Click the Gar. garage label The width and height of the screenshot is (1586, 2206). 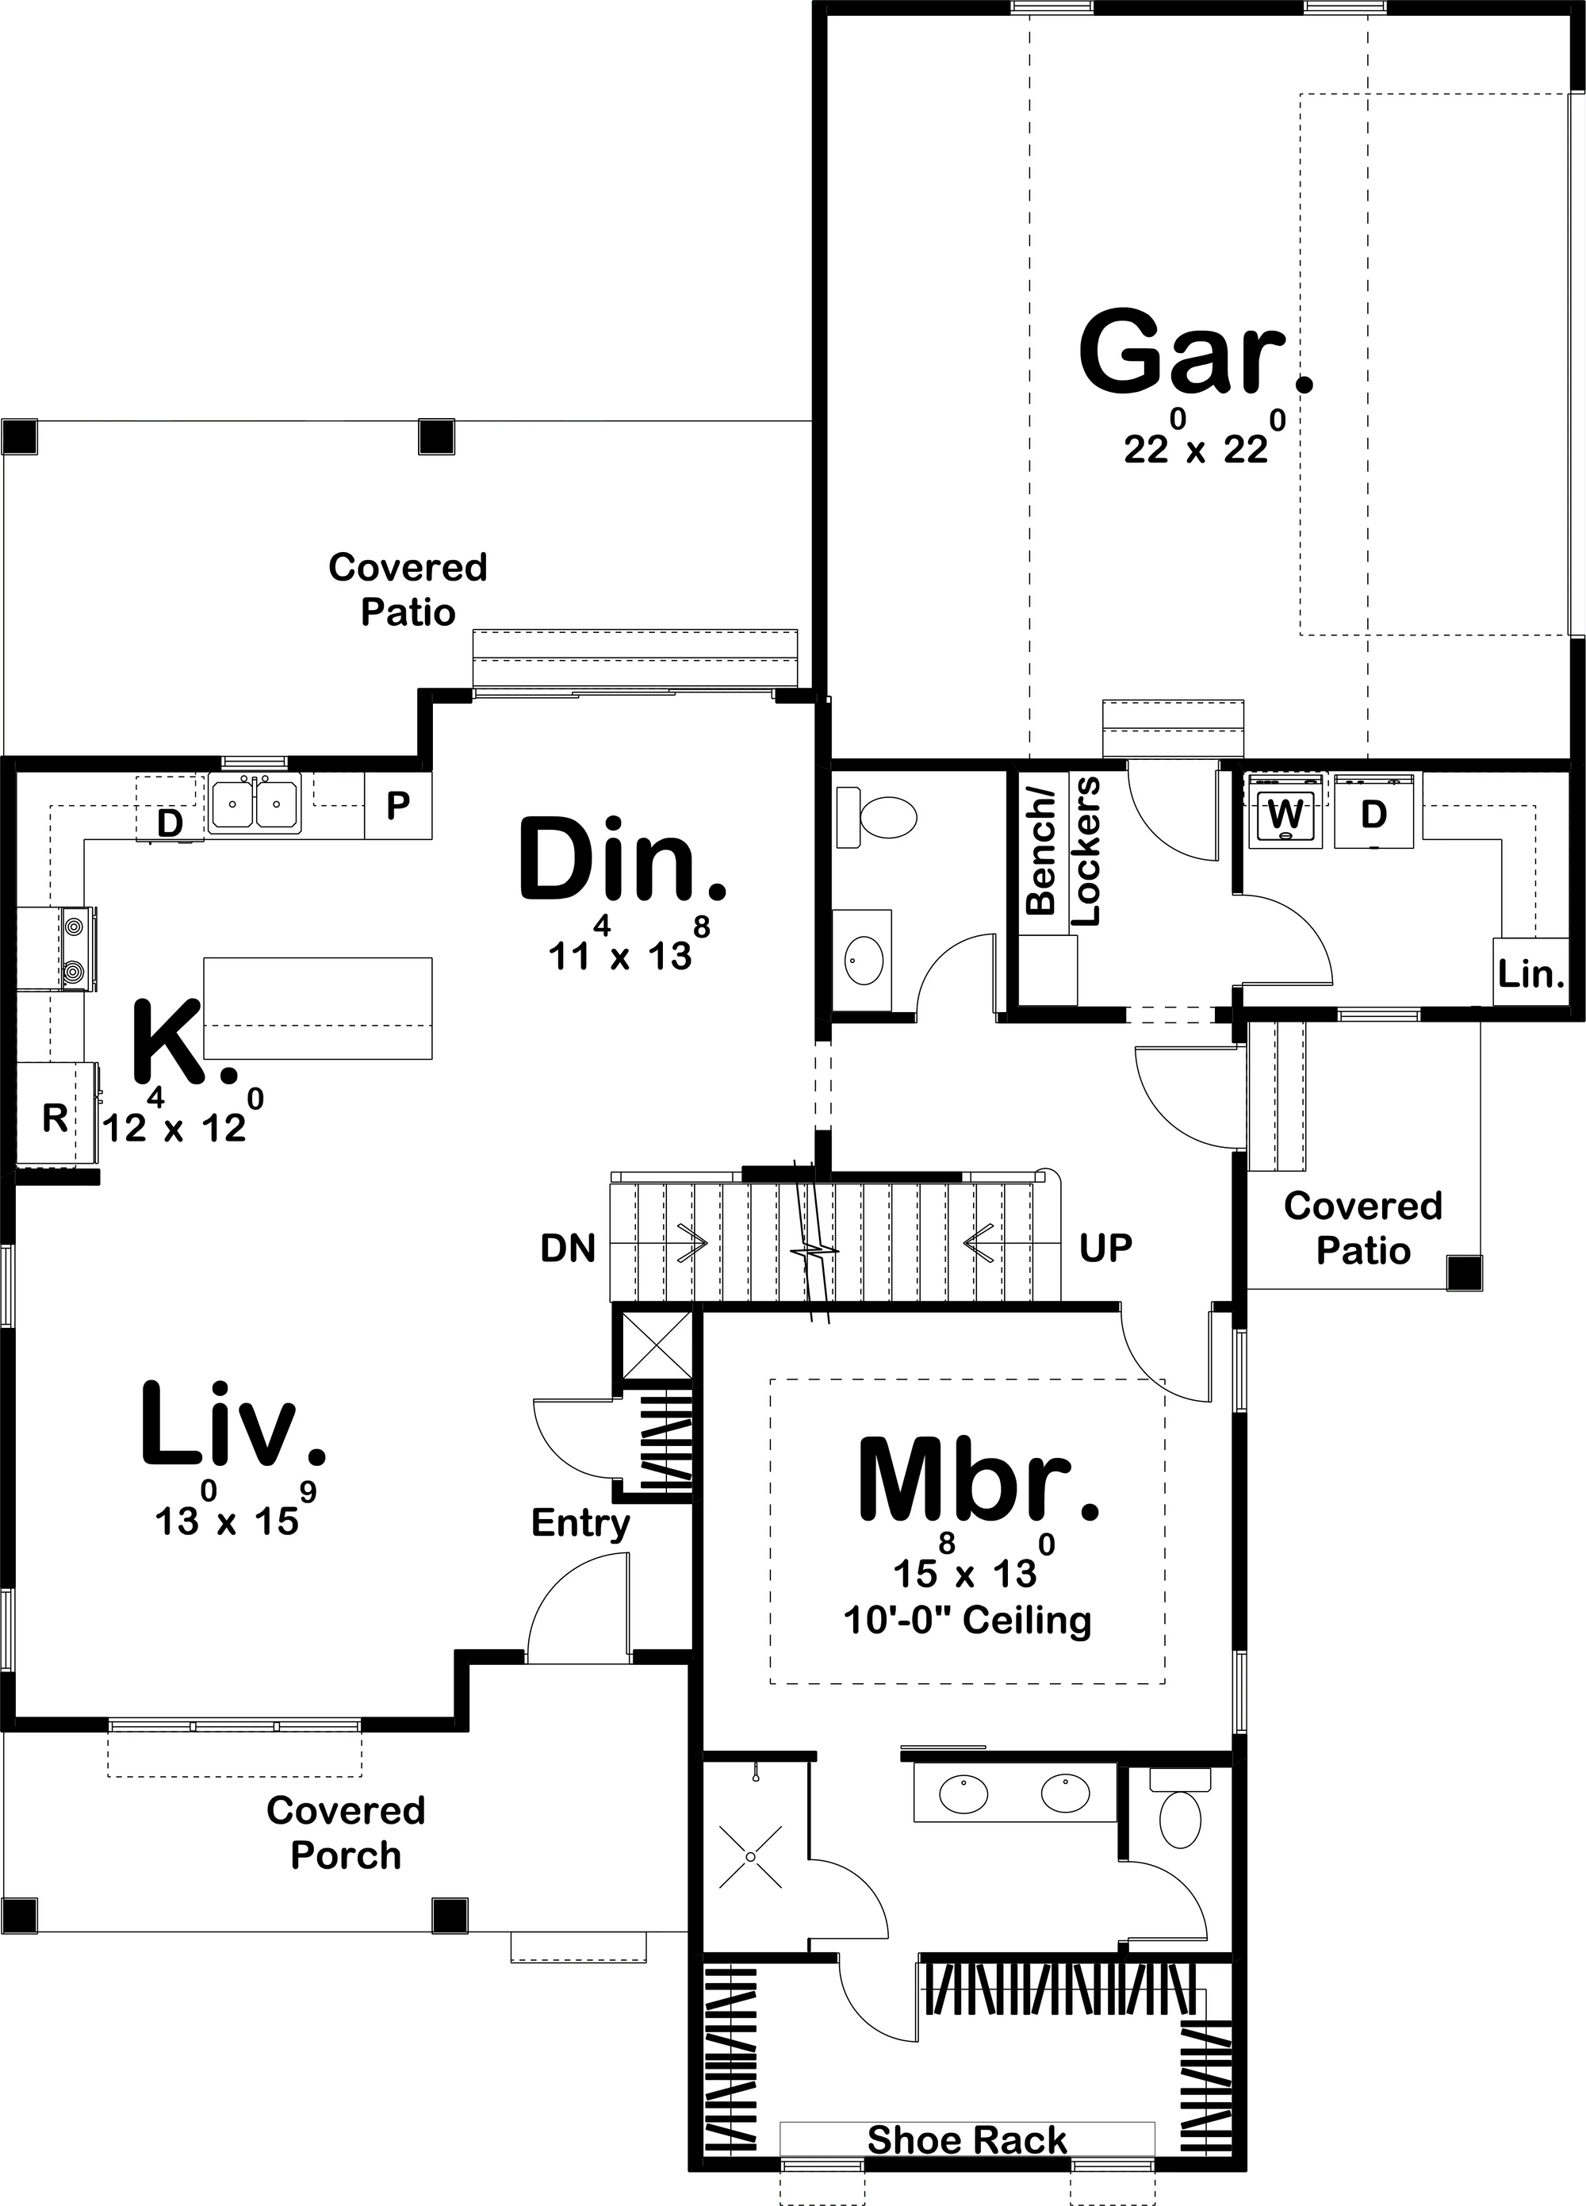click(1196, 352)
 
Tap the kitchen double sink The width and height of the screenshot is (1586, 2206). click(254, 804)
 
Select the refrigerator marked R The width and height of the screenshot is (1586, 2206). click(55, 1118)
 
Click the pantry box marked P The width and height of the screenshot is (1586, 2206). click(398, 805)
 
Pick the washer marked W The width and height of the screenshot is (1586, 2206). click(1286, 811)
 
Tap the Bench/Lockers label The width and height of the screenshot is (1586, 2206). click(1061, 851)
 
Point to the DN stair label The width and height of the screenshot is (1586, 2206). click(568, 1249)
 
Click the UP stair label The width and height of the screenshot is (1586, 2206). click(1105, 1248)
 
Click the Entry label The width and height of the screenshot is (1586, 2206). click(580, 1523)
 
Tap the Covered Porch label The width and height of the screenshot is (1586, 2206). click(347, 1832)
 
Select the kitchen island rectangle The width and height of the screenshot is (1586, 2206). click(317, 1009)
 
